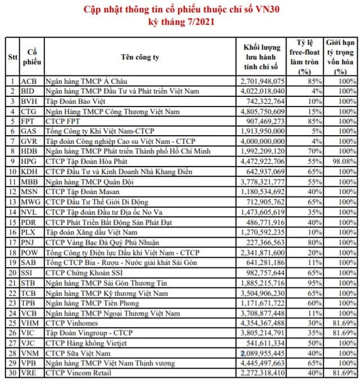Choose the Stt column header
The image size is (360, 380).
coord(12,57)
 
